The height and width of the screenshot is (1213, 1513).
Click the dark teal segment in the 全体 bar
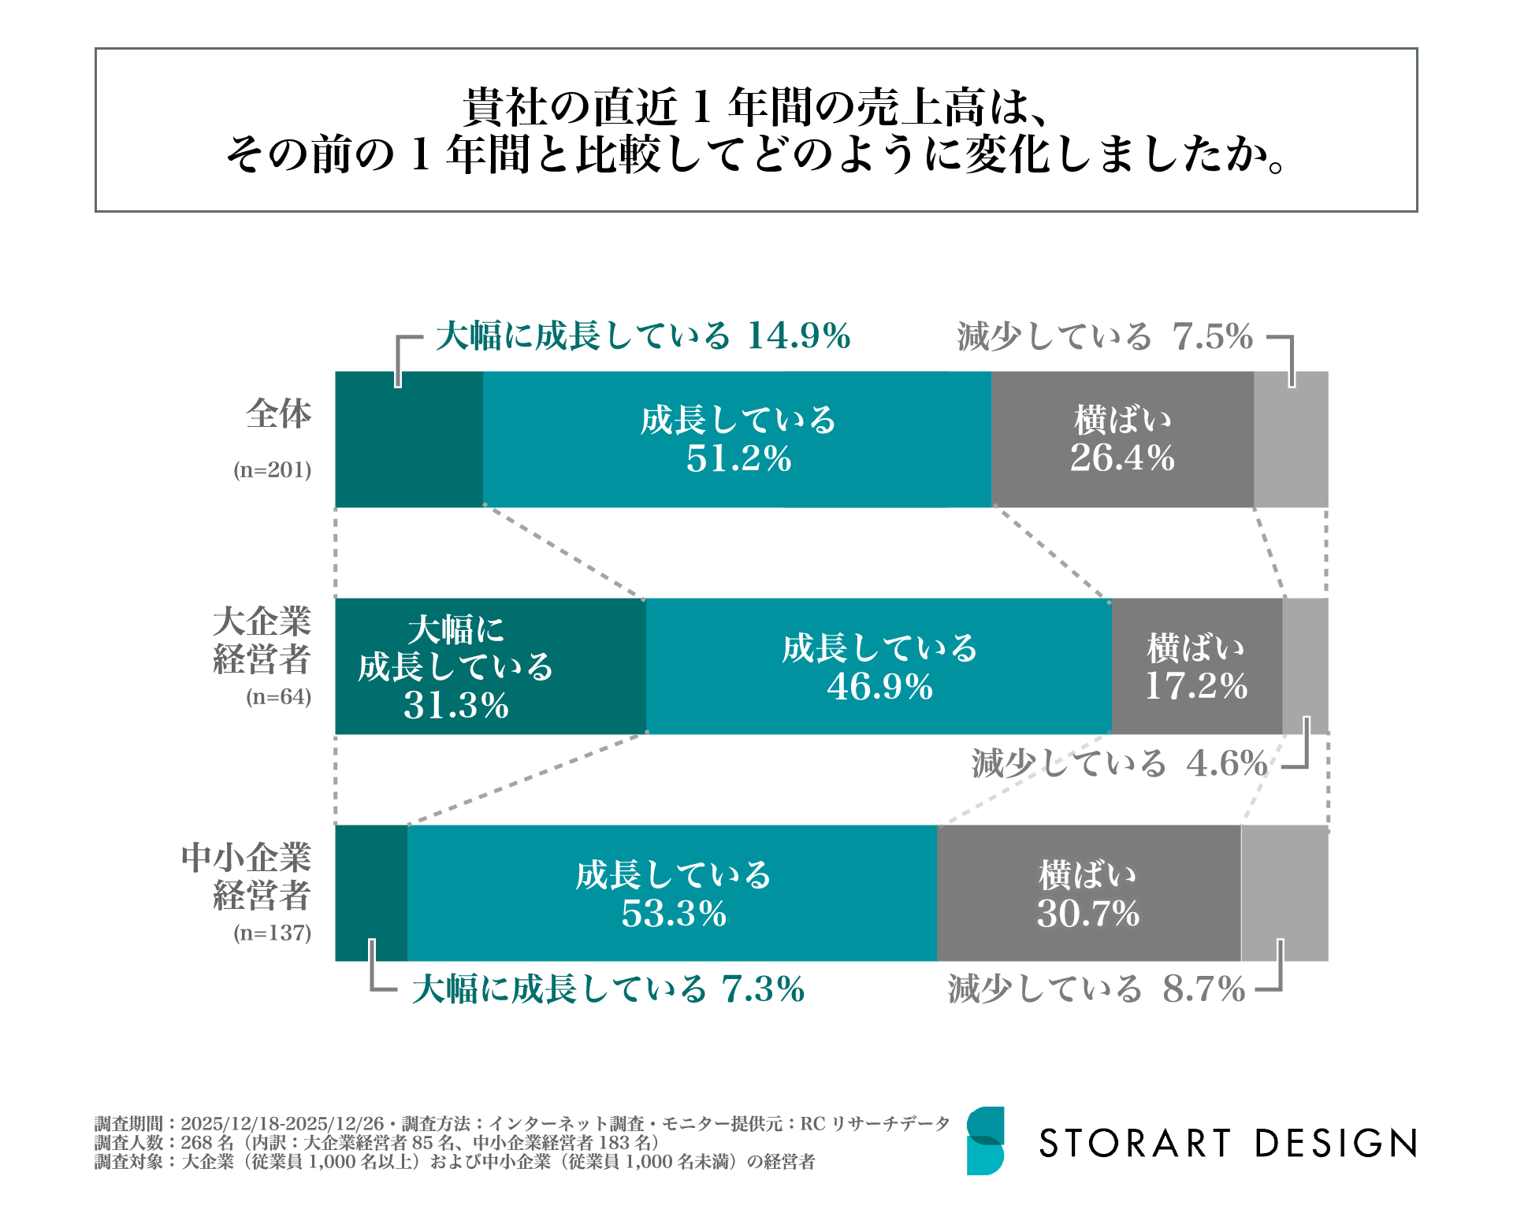pos(409,440)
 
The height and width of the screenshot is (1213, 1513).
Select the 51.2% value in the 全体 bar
pos(738,458)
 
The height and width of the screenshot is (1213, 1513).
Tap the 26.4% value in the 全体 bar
pos(1122,458)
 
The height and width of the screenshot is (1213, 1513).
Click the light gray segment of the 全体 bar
pos(1290,440)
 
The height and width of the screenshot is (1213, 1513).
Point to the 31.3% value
pos(456,705)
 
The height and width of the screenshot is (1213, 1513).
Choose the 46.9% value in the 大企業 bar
pos(879,686)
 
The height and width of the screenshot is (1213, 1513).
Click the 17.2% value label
pos(1196,686)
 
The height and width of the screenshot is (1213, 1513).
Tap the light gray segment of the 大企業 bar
pos(1305,666)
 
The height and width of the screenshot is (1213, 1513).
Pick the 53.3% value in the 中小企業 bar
pos(674,914)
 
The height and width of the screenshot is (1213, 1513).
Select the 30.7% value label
pos(1088,914)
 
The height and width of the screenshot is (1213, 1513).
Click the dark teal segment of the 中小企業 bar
pos(371,893)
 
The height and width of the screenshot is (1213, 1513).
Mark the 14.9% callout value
pos(799,336)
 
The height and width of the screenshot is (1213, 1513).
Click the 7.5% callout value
pos(1213,337)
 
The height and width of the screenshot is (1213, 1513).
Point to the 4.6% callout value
pos(1227,763)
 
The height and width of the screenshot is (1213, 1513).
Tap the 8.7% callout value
pos(1204,989)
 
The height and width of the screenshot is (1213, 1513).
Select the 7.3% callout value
pos(763,989)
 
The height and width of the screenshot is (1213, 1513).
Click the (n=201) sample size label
pos(273,470)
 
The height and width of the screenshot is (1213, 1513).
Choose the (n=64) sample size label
pos(279,697)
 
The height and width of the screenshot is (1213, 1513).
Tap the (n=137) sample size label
pos(273,933)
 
